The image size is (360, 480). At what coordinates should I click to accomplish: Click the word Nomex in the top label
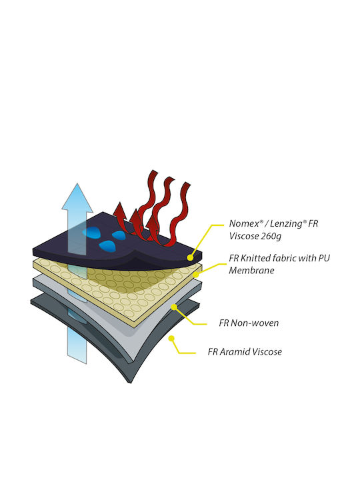[x=244, y=223]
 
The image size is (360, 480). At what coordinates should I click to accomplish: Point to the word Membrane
[x=251, y=270]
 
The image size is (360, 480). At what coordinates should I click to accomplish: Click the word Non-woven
[x=255, y=323]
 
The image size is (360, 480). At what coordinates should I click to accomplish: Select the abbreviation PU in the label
[x=324, y=258]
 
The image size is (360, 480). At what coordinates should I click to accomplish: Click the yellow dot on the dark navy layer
[x=190, y=258]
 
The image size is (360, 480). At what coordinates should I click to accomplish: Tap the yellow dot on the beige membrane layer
[x=195, y=275]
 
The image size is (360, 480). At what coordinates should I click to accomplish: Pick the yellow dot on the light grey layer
[x=174, y=307]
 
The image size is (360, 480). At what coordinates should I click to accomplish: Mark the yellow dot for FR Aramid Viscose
[x=171, y=338]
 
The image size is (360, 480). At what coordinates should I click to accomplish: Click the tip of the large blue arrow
[x=77, y=183]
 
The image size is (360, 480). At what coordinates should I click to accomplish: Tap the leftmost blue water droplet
[x=91, y=233]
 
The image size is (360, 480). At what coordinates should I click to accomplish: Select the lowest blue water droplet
[x=108, y=245]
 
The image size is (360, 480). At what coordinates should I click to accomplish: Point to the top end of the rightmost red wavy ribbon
[x=187, y=184]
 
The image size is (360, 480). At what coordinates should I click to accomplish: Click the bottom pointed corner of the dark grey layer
[x=130, y=383]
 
